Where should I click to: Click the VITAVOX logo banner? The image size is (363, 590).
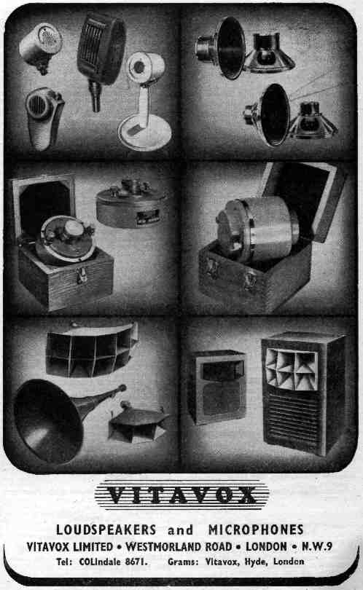coord(181,495)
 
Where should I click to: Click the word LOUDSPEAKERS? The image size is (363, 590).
coord(106,530)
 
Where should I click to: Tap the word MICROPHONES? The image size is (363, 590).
coord(256,530)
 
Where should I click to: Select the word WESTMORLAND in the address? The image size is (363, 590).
coord(179,546)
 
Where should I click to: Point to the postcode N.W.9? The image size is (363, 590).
coord(316,546)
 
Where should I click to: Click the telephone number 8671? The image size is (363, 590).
coord(136,562)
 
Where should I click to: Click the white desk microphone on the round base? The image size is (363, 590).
coord(145,101)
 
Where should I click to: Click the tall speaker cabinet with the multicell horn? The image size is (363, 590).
coord(303,393)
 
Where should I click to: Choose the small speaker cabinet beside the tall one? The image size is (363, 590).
coord(217,387)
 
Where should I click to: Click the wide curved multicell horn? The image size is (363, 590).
coord(92,350)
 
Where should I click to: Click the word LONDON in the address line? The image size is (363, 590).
coord(266,546)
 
